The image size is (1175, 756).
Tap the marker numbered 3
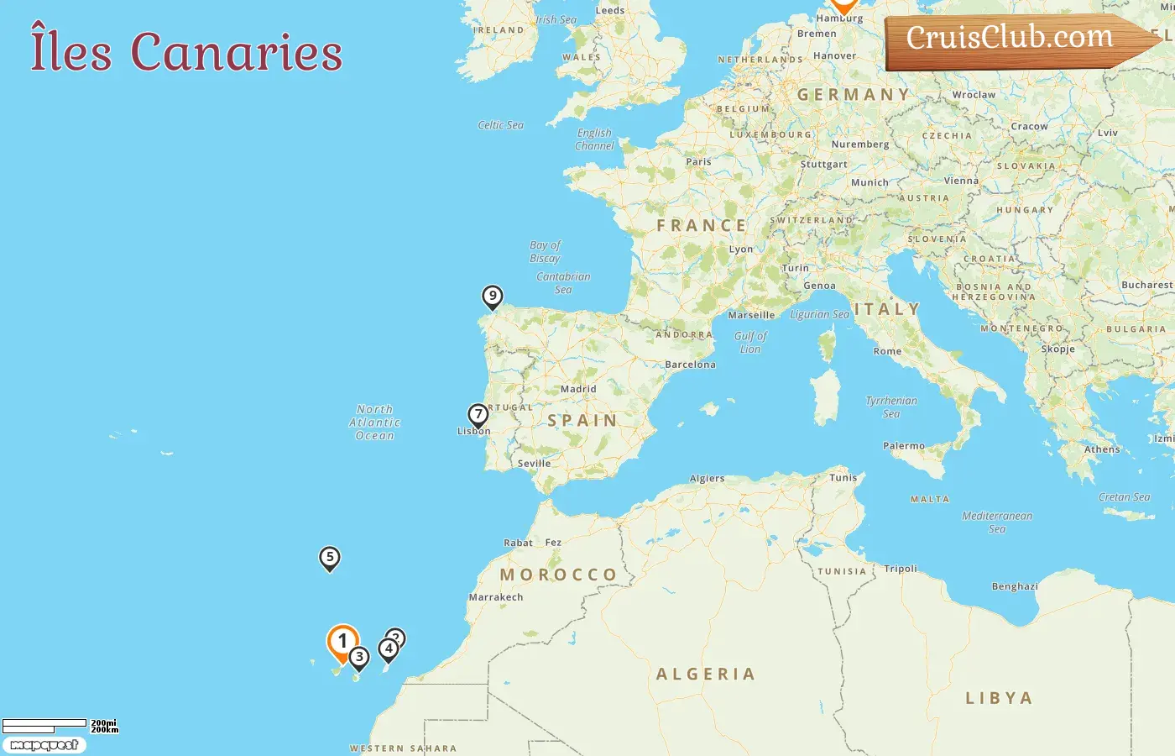click(359, 658)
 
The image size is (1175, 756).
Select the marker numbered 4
click(388, 649)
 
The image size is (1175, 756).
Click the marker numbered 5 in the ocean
click(330, 558)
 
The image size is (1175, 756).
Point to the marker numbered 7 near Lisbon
click(478, 415)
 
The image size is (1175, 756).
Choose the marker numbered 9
click(493, 297)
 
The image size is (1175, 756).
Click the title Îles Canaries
click(186, 51)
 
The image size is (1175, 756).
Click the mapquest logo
click(44, 745)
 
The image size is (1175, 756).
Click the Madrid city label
click(578, 390)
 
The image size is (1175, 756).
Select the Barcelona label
click(690, 365)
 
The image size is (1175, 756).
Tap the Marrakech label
click(496, 597)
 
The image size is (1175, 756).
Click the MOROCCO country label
click(559, 575)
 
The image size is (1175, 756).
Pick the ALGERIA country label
click(706, 675)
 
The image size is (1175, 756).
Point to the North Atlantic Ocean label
click(374, 423)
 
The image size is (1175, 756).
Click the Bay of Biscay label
click(546, 252)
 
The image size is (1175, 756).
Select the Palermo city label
click(904, 446)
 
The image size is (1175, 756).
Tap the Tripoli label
click(901, 569)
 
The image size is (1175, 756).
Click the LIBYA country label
click(999, 698)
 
